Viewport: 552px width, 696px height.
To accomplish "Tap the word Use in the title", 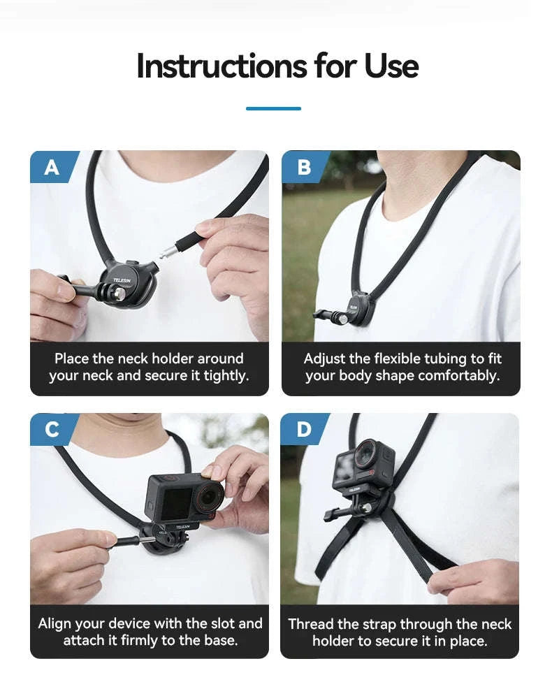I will click(391, 66).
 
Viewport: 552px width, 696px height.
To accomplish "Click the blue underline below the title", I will click(273, 108).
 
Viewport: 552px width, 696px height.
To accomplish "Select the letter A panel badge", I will click(52, 167).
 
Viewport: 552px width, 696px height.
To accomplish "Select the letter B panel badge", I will click(303, 167).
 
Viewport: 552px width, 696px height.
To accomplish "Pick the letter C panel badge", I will click(52, 430).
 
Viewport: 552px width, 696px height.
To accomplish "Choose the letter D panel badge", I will click(303, 430).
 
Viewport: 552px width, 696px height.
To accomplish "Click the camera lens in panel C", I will click(208, 498).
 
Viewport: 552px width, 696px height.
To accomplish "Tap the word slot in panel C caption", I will click(220, 623).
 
